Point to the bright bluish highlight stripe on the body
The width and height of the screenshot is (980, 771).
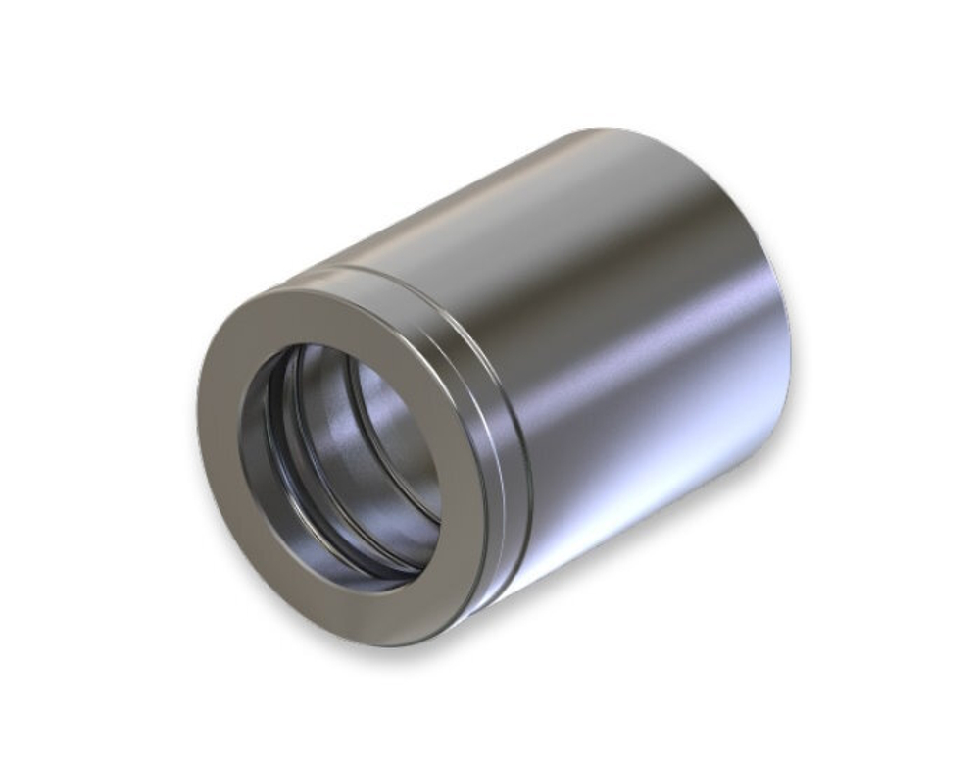(637, 412)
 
